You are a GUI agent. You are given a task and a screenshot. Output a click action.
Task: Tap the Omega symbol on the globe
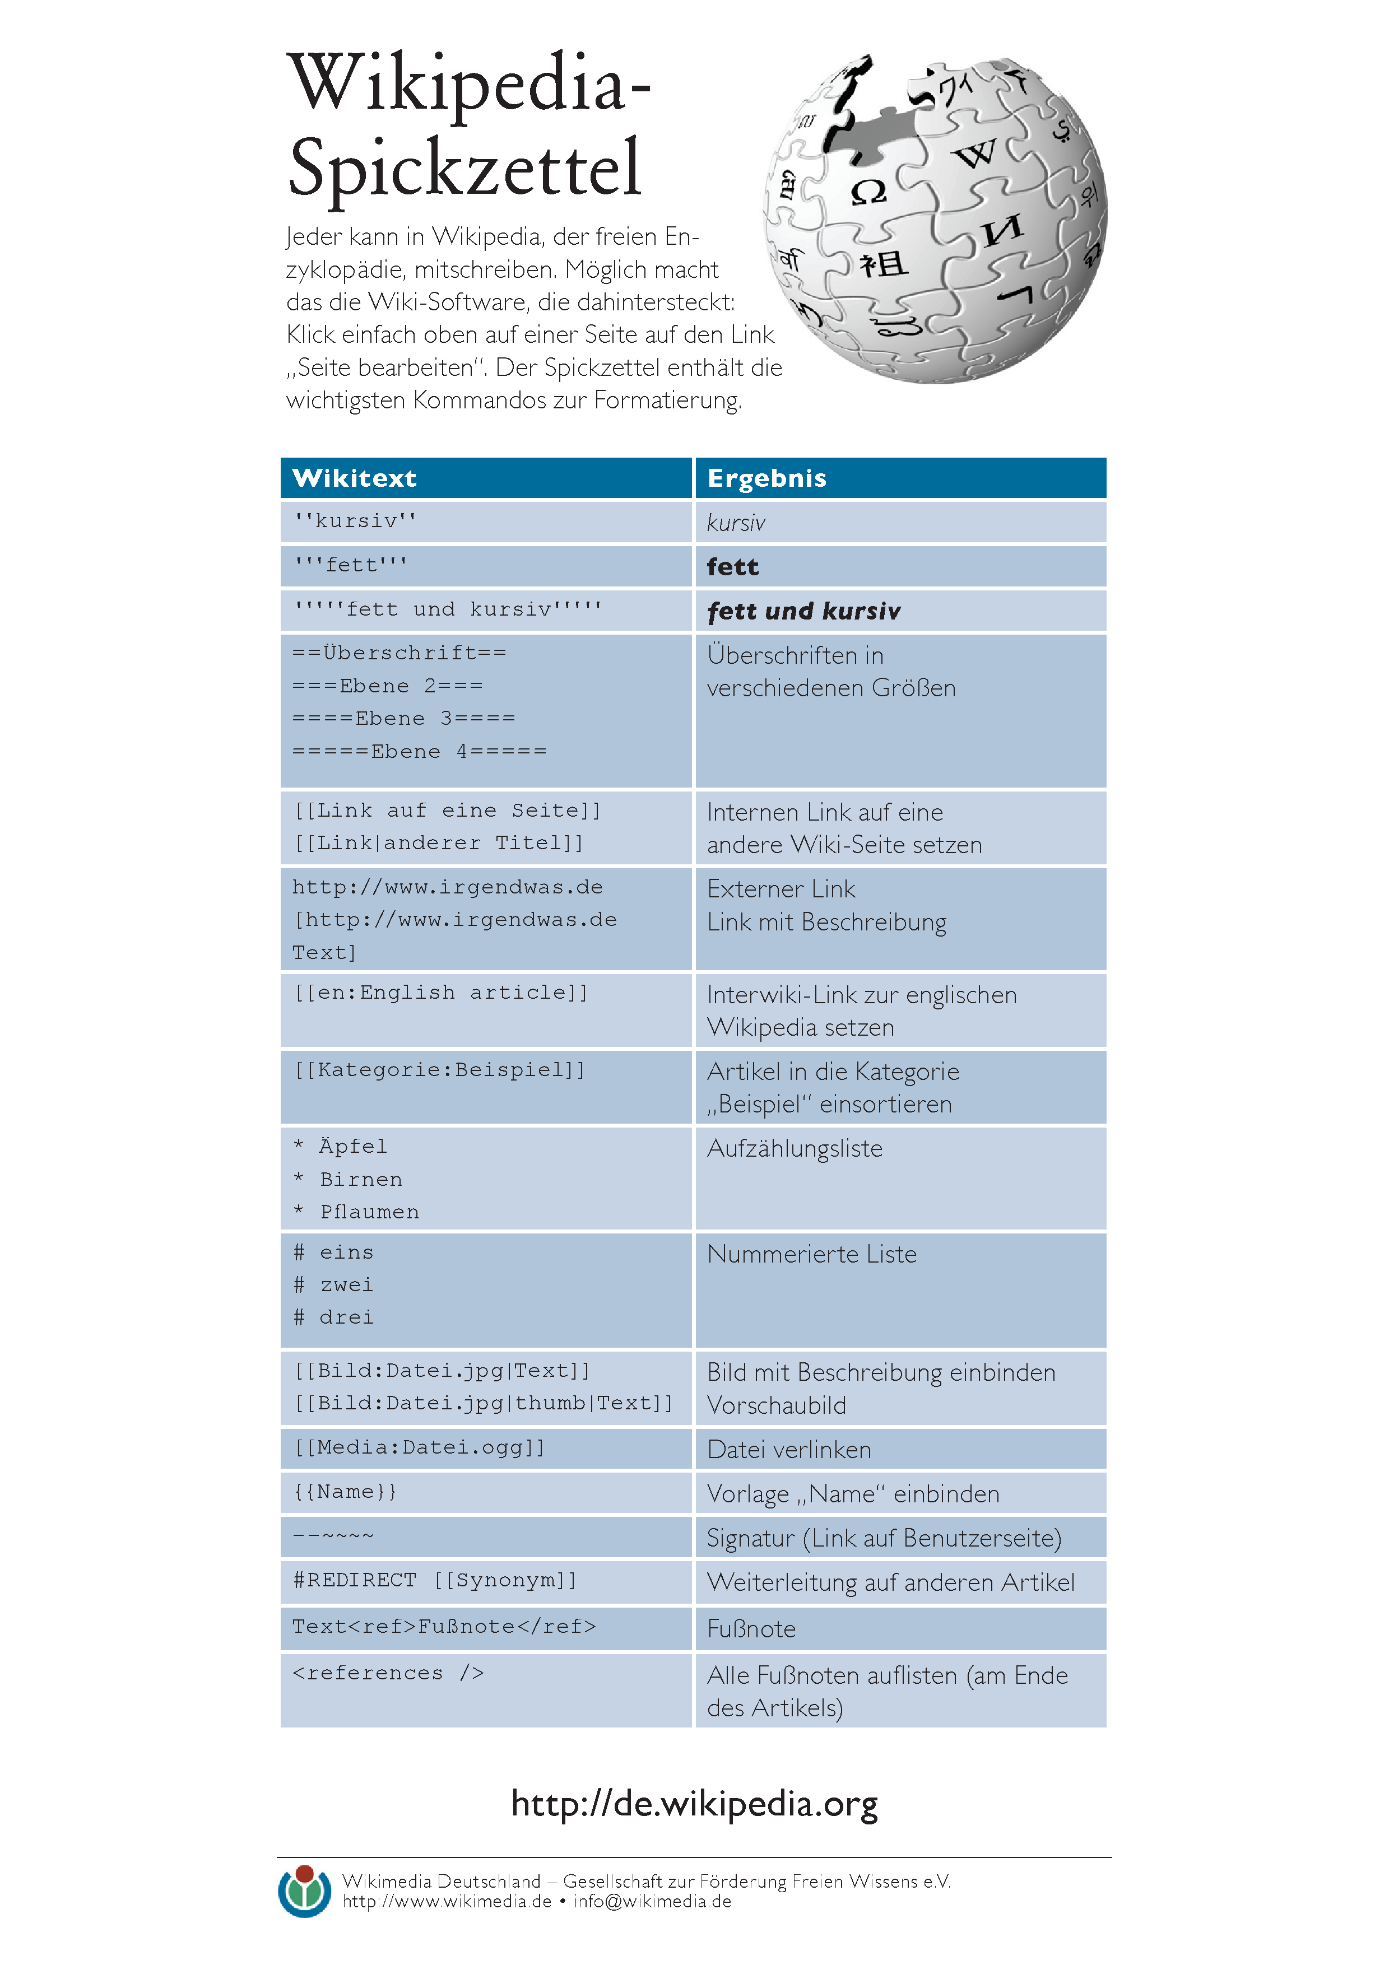point(868,192)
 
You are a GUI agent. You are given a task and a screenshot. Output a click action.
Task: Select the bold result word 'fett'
point(732,566)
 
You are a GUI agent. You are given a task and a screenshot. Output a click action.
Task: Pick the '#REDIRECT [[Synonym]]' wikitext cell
point(435,1580)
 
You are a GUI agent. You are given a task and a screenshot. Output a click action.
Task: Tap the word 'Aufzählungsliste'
point(794,1148)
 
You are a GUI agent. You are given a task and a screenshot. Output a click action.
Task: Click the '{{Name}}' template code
point(345,1492)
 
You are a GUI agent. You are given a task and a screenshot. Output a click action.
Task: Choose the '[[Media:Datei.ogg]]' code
point(419,1447)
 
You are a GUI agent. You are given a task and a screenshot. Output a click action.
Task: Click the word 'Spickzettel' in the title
point(464,167)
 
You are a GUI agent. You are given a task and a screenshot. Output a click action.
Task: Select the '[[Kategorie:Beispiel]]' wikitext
point(440,1070)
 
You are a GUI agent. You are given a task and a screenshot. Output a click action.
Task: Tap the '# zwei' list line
point(334,1284)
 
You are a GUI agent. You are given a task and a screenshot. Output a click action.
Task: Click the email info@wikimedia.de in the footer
point(652,1902)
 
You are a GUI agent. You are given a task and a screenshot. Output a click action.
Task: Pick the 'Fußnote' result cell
point(751,1629)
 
